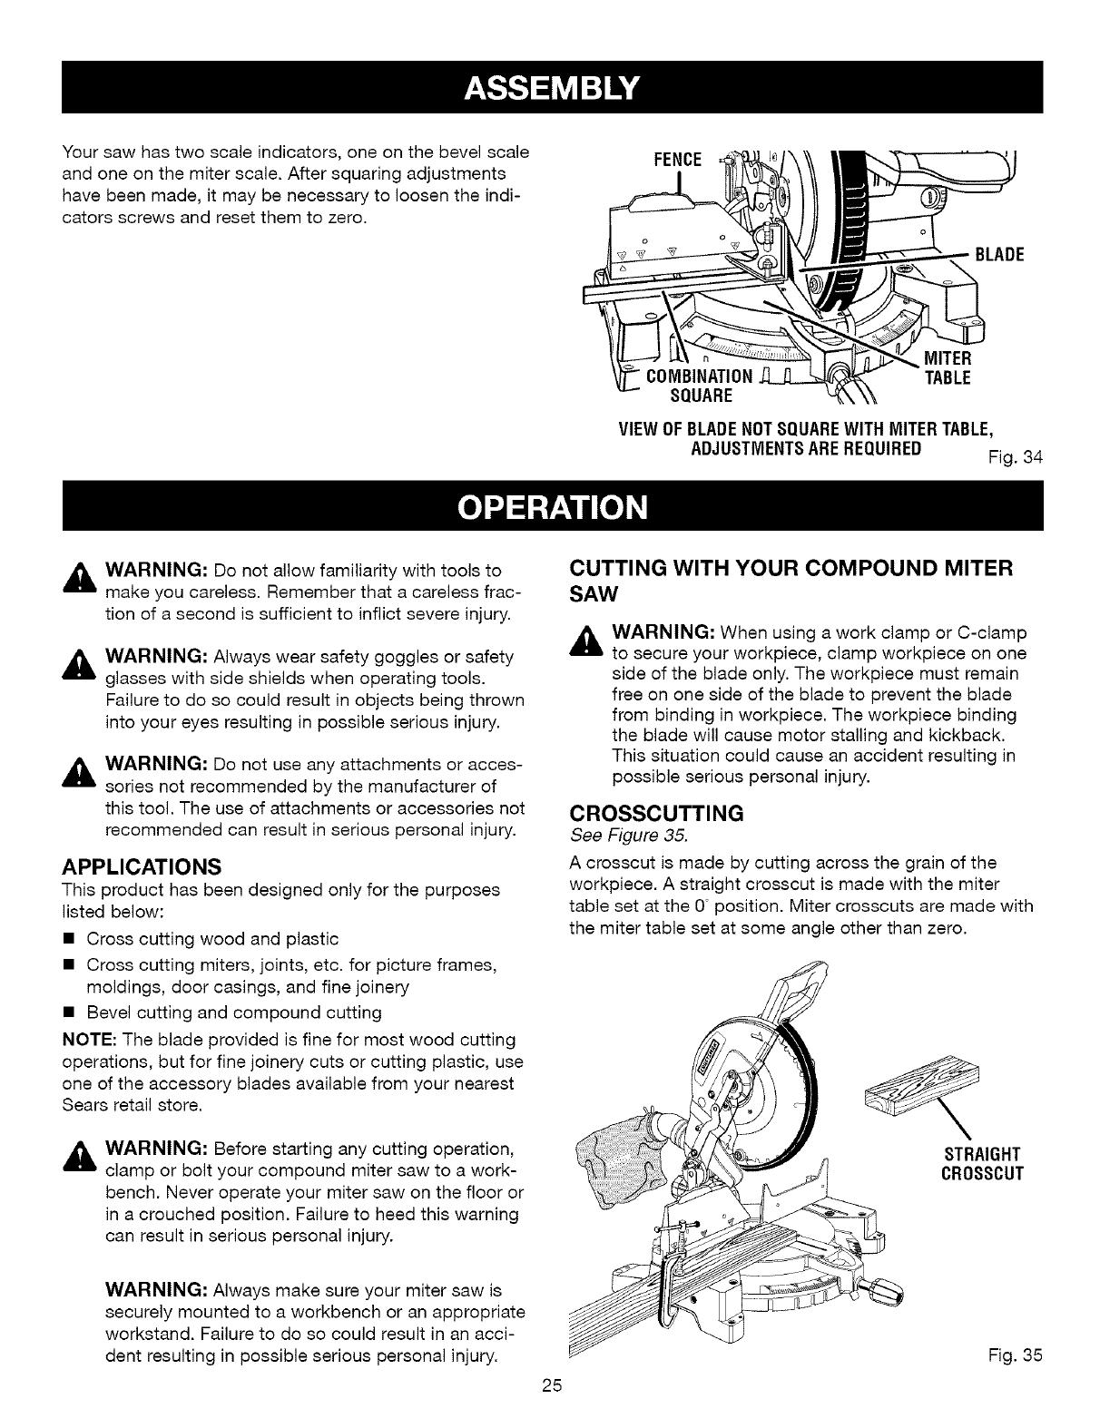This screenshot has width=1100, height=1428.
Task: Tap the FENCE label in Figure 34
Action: click(677, 160)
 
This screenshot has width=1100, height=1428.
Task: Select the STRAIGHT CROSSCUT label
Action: click(984, 1163)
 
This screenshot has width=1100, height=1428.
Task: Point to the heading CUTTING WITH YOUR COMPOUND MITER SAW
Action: click(790, 581)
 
